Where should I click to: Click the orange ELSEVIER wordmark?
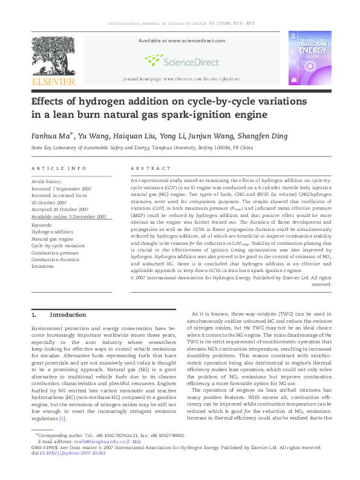click(x=54, y=81)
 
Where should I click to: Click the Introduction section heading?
click(x=68, y=315)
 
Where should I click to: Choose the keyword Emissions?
click(x=43, y=265)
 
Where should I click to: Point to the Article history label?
click(x=46, y=181)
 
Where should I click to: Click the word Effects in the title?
click(x=53, y=100)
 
